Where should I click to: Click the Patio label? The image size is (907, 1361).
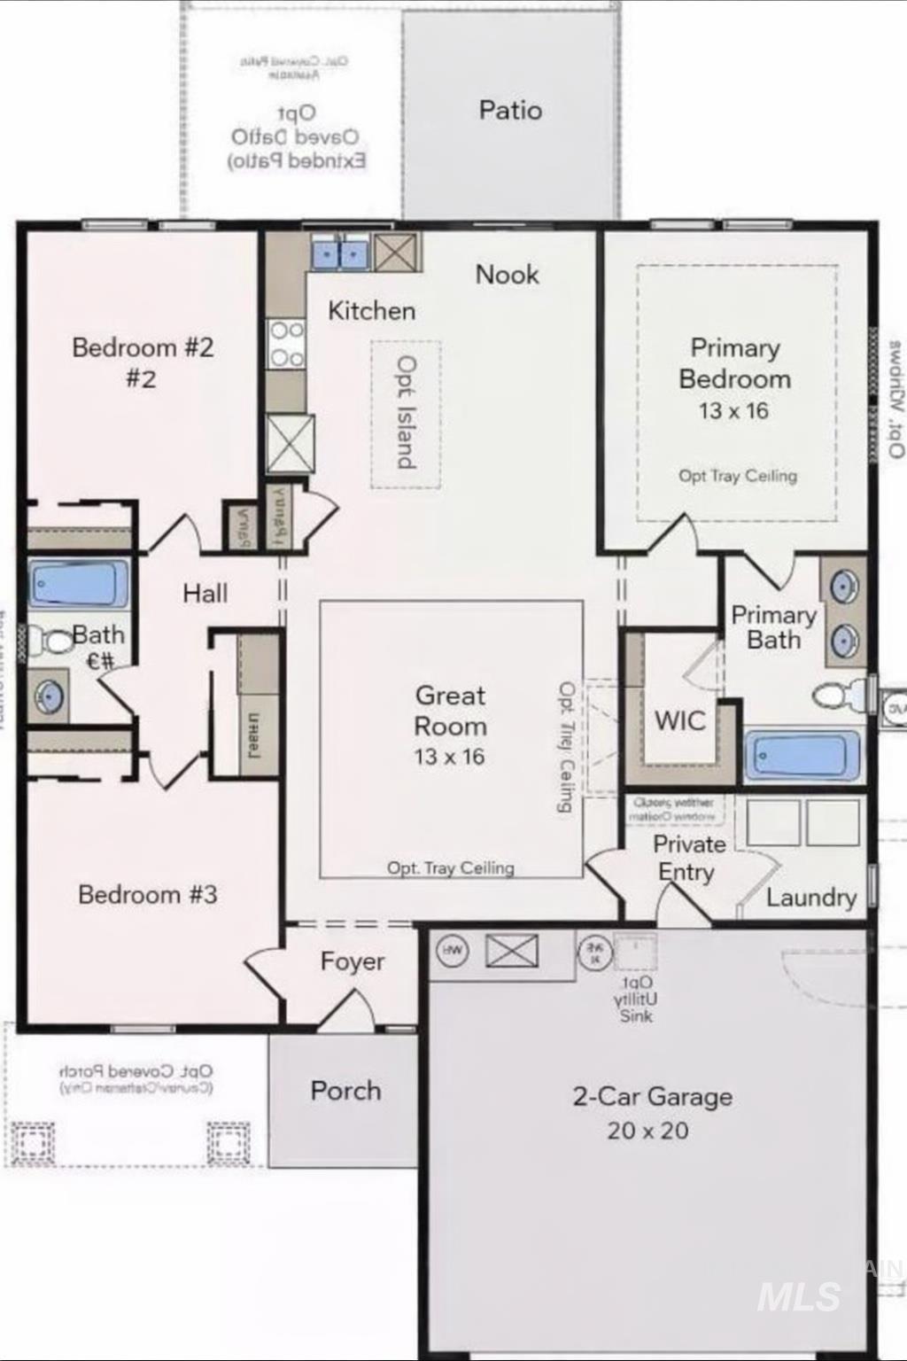[x=510, y=111]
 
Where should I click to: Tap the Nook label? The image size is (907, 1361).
[x=507, y=275]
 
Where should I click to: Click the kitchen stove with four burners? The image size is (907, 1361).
[x=286, y=344]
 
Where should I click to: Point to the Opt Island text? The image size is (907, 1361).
[x=406, y=413]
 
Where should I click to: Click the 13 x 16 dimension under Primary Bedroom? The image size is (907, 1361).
[x=733, y=411]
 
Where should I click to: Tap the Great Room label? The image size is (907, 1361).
[x=450, y=711]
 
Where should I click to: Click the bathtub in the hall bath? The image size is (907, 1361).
[x=78, y=583]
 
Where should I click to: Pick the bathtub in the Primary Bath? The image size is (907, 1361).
[x=802, y=756]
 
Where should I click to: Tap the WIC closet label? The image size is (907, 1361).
[x=679, y=720]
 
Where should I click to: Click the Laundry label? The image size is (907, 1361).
[x=810, y=898]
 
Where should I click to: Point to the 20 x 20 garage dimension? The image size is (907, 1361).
[x=647, y=1131]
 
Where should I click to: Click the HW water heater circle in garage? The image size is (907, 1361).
[x=452, y=951]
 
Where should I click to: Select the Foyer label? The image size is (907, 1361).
[x=353, y=961]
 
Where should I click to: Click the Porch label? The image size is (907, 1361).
[x=345, y=1091]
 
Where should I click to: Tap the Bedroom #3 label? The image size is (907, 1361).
[x=147, y=895]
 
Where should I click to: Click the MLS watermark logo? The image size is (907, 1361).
[x=799, y=1296]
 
